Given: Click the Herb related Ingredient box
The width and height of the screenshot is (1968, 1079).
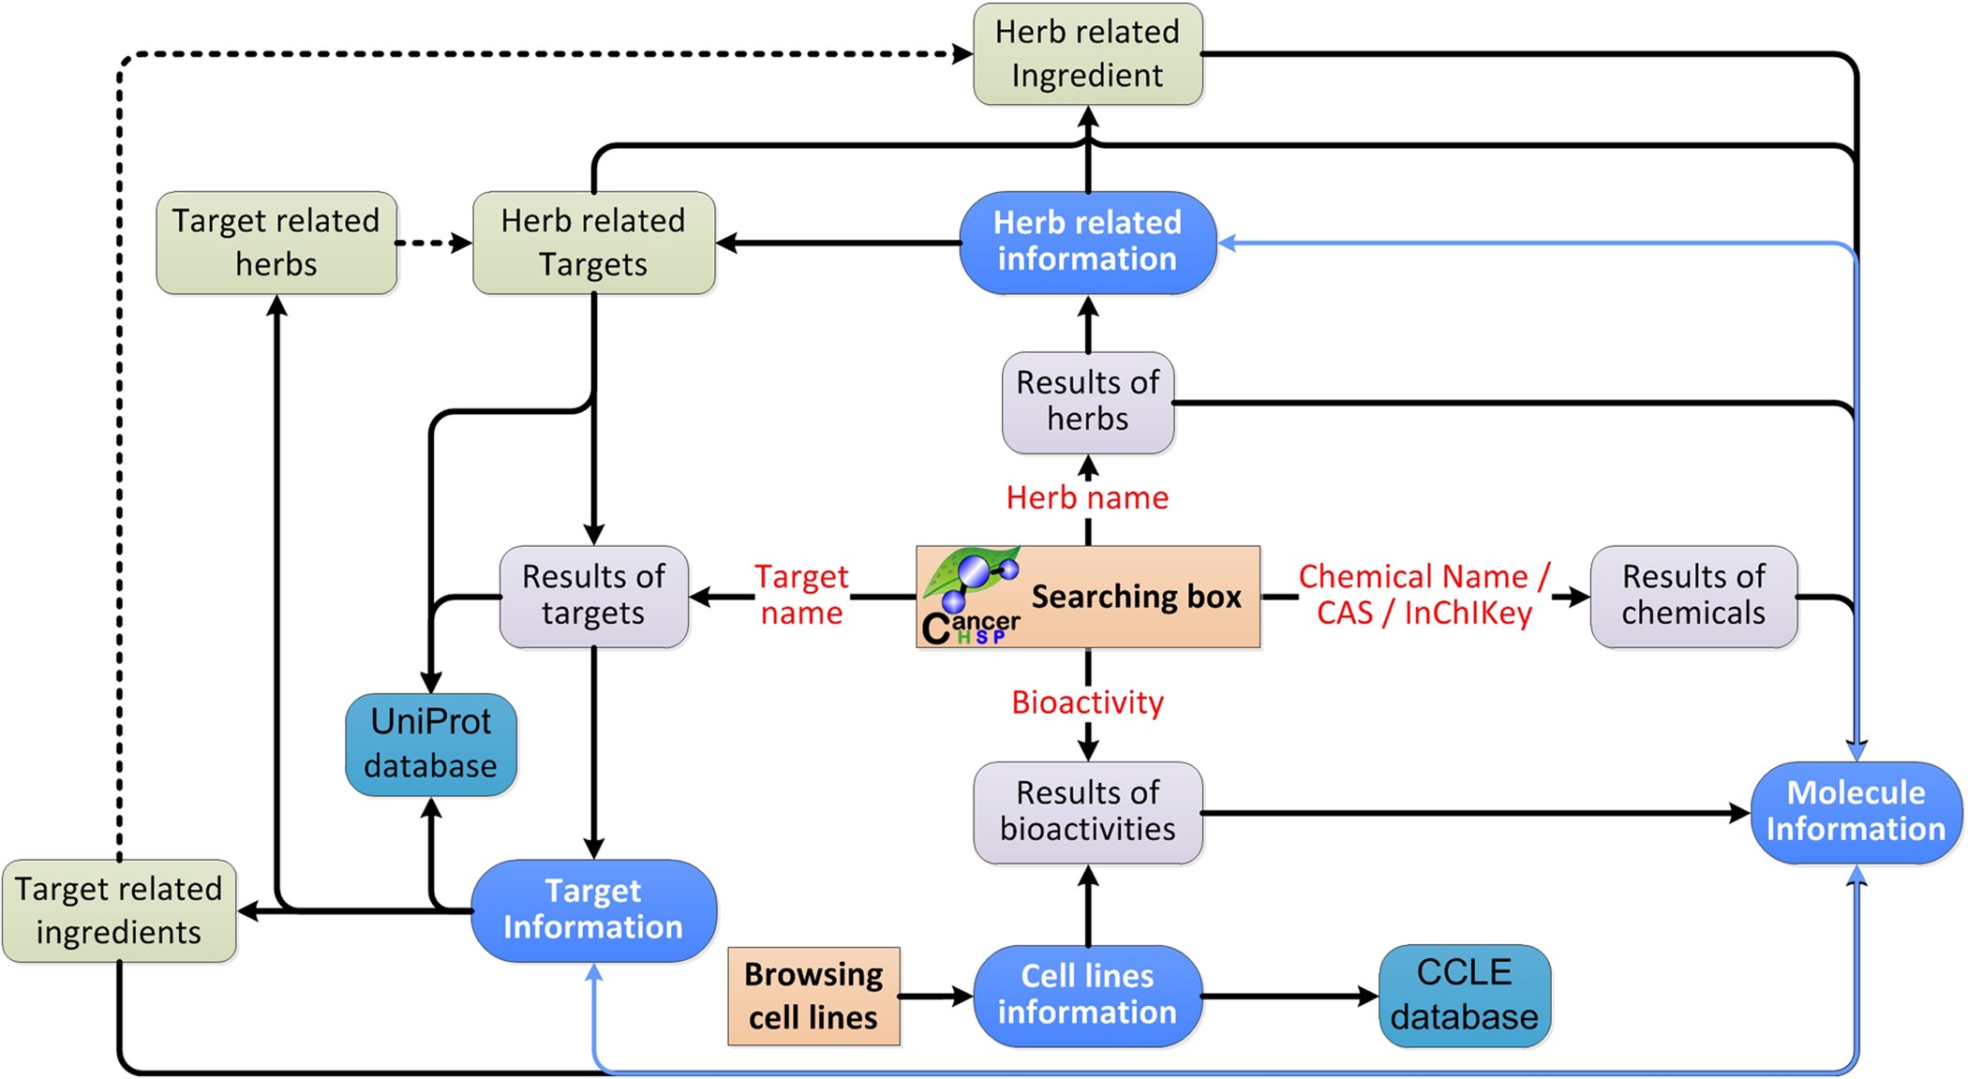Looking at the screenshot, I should coord(1087,53).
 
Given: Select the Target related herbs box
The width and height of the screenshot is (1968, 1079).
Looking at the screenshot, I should coord(276,243).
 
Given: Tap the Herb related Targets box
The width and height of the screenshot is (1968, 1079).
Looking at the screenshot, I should coord(593,243).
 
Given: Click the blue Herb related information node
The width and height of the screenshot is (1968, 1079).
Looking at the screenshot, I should coord(1087,242).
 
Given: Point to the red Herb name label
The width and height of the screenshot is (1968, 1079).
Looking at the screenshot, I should coord(1087,497).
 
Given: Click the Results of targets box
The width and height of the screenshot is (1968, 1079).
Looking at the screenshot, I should coord(593,596).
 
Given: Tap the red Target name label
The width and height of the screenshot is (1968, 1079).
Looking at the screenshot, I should coord(801,595).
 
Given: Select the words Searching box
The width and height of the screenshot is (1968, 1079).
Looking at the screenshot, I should coord(1136,597).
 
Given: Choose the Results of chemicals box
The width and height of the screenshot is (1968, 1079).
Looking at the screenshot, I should coord(1693,596).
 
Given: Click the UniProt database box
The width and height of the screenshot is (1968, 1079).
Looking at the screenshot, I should coord(430,744).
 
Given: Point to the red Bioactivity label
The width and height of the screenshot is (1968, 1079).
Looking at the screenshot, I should coord(1087,702).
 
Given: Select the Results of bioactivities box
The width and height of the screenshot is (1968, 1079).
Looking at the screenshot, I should coord(1087,811).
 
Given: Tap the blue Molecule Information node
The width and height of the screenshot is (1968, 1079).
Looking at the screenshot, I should coord(1855,811).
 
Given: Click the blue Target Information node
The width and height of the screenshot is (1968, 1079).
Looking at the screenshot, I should coord(593,909).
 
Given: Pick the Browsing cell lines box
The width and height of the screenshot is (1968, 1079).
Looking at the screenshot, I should coord(813,996).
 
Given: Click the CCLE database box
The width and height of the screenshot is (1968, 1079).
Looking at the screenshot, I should coord(1464,996).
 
